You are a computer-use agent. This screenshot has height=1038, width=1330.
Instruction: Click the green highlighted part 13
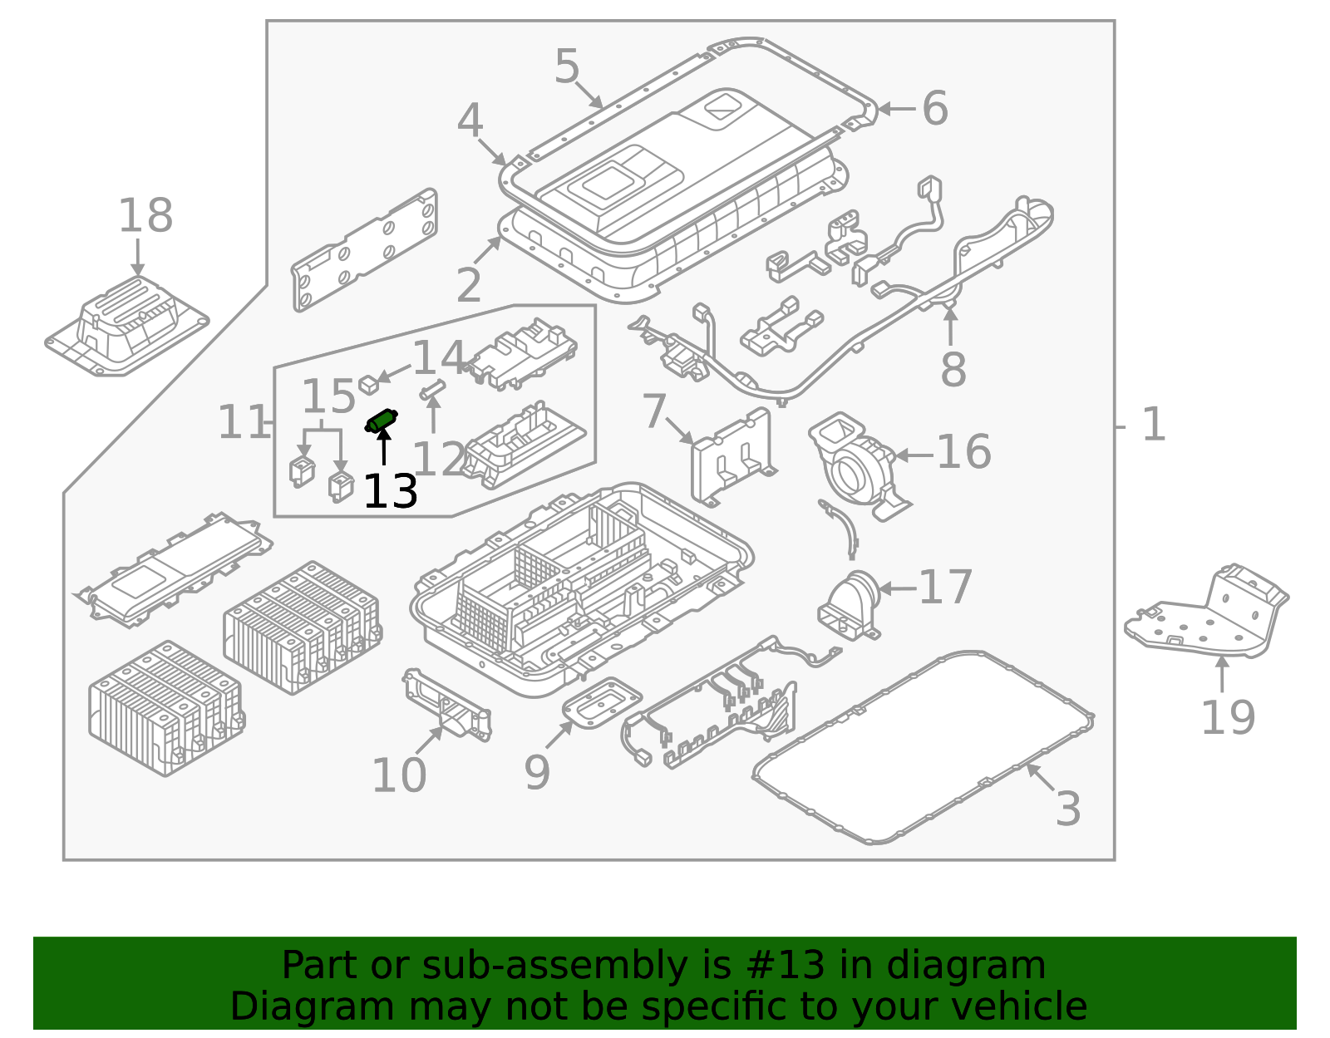(382, 421)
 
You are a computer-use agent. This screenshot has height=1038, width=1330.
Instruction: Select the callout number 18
(145, 216)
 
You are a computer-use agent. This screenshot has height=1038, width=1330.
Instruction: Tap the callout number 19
(1228, 717)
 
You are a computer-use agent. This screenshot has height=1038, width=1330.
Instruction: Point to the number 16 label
(963, 452)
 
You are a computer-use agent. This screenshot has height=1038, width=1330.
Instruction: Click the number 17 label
(946, 588)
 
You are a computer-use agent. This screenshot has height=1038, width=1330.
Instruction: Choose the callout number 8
(953, 369)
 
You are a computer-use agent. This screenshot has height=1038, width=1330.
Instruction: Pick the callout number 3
(1068, 809)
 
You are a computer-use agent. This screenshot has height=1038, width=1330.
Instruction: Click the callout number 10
(399, 775)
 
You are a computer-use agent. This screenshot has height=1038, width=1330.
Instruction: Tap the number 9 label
(537, 773)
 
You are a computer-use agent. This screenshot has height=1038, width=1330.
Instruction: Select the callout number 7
(654, 411)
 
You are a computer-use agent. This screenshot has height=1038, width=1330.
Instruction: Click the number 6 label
(935, 108)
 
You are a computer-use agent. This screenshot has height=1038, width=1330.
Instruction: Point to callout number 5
(567, 66)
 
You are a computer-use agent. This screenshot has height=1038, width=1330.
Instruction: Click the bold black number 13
(391, 491)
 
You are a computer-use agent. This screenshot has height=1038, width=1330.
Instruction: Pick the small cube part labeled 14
(369, 384)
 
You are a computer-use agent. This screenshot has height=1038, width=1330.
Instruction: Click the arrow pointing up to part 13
(384, 446)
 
